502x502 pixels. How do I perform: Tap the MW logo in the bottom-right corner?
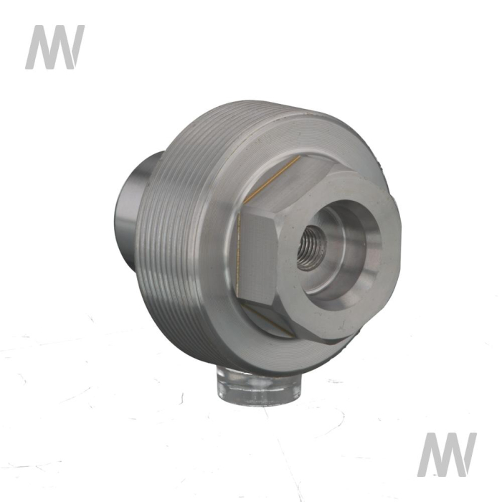447,455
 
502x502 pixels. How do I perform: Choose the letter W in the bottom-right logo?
459,455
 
